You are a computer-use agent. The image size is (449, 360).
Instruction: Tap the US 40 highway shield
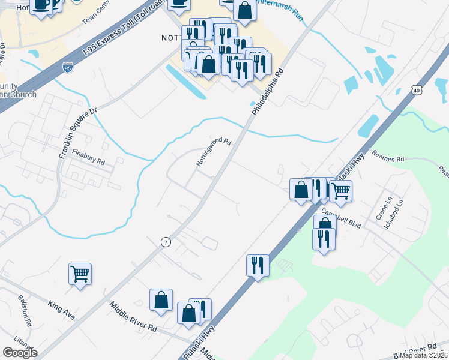pyautogui.click(x=416, y=90)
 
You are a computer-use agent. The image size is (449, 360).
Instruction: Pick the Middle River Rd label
pyautogui.click(x=133, y=317)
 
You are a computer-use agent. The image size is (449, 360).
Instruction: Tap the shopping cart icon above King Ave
pyautogui.click(x=80, y=274)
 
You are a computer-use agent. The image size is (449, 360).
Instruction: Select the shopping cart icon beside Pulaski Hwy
pyautogui.click(x=340, y=191)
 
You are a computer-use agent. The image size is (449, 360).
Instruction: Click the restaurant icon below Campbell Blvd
pyautogui.click(x=324, y=239)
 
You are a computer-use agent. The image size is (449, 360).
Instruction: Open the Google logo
pyautogui.click(x=20, y=353)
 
